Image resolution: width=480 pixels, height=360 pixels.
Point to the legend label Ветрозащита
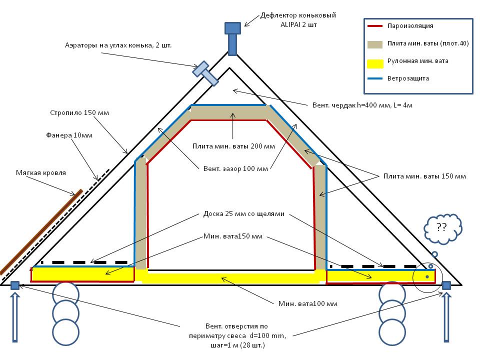pyautogui.click(x=407, y=78)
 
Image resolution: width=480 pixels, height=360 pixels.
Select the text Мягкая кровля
pyautogui.click(x=41, y=173)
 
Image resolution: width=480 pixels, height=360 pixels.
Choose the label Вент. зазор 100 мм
pyautogui.click(x=234, y=168)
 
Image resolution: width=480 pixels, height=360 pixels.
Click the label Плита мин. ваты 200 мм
pyautogui.click(x=234, y=146)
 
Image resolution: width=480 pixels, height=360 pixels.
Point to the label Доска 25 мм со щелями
pyautogui.click(x=244, y=214)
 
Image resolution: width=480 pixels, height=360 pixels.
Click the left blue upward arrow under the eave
pyautogui.click(x=15, y=317)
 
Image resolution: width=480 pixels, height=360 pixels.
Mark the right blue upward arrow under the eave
pyautogui.click(x=446, y=317)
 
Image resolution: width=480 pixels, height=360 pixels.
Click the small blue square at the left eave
pyautogui.click(x=15, y=285)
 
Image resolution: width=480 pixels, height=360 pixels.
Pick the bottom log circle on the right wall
pyautogui.click(x=391, y=331)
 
